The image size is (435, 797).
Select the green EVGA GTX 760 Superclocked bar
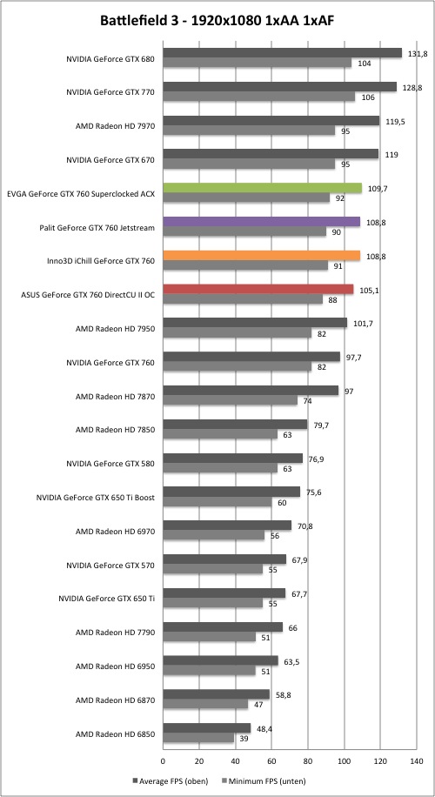(x=262, y=188)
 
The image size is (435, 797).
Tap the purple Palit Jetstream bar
(x=262, y=222)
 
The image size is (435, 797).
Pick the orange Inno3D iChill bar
(x=262, y=256)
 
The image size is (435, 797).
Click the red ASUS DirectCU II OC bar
(x=258, y=289)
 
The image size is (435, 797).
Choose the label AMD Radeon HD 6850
(x=115, y=733)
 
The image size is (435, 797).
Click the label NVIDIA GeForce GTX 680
(x=110, y=58)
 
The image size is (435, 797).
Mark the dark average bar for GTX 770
(x=279, y=87)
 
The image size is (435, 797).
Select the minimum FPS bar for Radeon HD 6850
(x=198, y=738)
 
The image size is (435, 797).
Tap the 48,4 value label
(x=263, y=728)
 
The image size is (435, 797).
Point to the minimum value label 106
(x=368, y=97)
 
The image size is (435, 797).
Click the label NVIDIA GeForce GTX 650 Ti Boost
(x=96, y=497)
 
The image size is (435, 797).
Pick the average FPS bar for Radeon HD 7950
(x=255, y=323)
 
